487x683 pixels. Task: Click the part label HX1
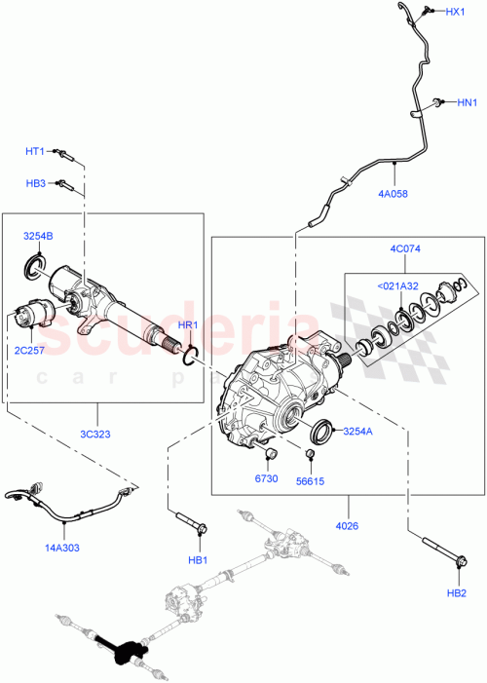pos(456,12)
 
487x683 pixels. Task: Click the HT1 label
pos(36,151)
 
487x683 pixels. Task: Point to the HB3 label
pos(36,183)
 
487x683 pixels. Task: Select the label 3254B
pos(38,237)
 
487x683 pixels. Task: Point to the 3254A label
pos(356,430)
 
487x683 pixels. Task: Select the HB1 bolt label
pos(198,560)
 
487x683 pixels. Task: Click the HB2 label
pos(456,592)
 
